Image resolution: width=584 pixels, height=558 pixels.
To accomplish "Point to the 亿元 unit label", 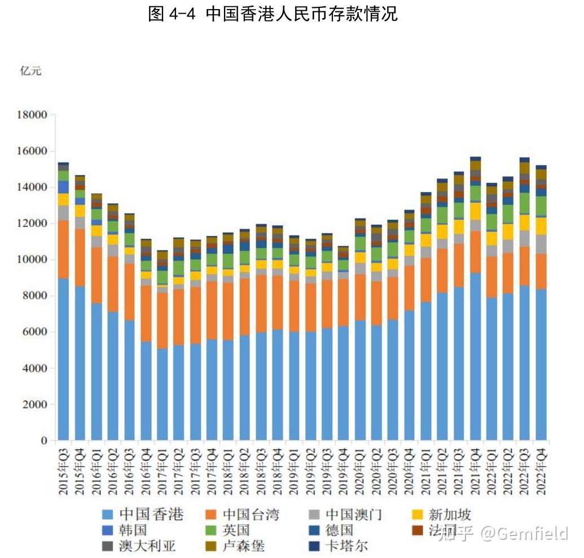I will (31, 71).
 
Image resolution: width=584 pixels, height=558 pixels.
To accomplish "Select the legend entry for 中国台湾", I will (243, 515).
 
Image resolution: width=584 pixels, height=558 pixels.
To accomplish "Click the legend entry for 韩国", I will (125, 530).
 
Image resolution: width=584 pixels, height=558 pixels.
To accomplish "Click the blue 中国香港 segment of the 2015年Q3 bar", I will (64, 359).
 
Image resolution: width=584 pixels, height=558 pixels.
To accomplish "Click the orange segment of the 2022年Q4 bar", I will (542, 271).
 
